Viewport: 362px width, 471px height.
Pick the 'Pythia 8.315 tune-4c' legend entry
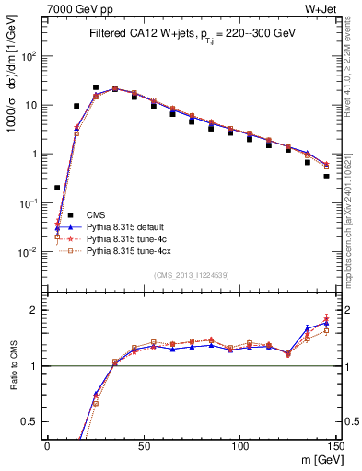tap(129, 238)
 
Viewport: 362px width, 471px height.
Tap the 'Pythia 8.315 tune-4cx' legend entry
tap(131, 250)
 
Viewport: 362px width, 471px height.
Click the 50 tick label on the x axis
tap(145, 446)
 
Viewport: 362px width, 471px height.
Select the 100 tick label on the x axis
tap(240, 446)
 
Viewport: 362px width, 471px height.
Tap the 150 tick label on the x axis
tap(336, 446)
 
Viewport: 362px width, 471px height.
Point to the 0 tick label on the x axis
tap(48, 446)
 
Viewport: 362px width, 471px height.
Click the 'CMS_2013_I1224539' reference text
tap(193, 275)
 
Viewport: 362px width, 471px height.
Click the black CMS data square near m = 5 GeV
tap(57, 188)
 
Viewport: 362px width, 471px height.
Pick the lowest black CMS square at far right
tap(326, 177)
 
